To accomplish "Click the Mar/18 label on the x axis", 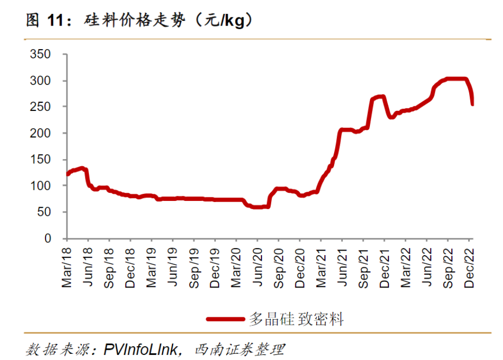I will coord(67,266).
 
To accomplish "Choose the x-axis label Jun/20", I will coord(257,266).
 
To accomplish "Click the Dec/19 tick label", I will coord(215,266).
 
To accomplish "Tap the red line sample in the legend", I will coord(225,319).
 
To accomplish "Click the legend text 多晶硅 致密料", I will coord(296,320).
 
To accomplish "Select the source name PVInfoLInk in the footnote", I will coord(141,350).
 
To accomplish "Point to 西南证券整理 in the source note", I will coord(239,350).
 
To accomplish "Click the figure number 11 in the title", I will coord(56,20).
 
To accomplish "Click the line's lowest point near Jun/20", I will coord(258,207).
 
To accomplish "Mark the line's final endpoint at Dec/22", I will coord(472,104).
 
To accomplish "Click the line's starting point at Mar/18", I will coord(68,174).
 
